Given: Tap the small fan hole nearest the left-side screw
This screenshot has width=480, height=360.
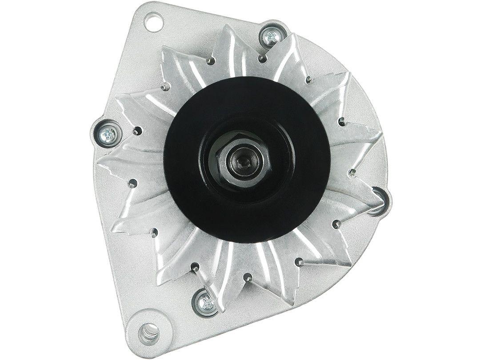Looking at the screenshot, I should click(x=137, y=131).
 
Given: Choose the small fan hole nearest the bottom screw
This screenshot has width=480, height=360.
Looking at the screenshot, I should click(x=195, y=267).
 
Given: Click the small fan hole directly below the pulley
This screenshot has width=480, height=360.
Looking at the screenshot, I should click(x=248, y=278).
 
